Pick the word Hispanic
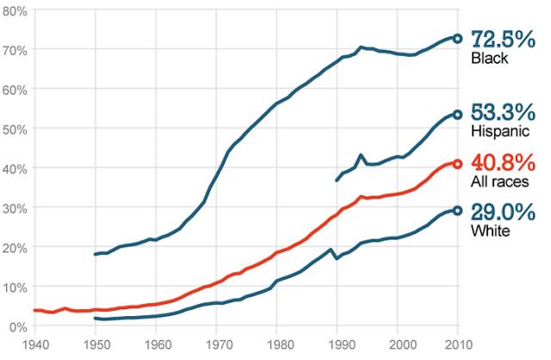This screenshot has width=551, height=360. (x=499, y=132)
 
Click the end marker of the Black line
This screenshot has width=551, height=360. (x=457, y=39)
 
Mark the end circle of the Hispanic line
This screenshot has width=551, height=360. (x=457, y=115)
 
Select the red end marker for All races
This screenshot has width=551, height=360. (x=457, y=164)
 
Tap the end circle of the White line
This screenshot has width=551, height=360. (x=457, y=210)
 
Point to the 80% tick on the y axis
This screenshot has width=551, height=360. (x=17, y=10)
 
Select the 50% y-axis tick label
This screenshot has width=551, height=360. (x=17, y=128)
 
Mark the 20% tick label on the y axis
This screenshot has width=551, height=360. (x=17, y=247)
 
